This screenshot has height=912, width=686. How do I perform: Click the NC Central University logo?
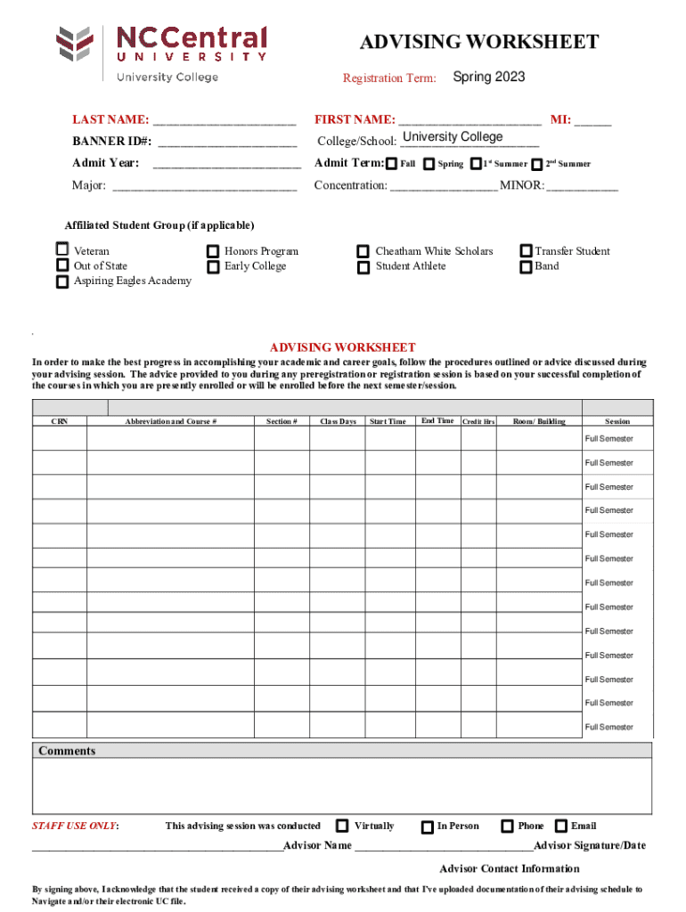tap(161, 53)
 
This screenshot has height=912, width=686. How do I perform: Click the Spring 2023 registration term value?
tap(488, 77)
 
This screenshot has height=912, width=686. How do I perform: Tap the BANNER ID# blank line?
tap(227, 142)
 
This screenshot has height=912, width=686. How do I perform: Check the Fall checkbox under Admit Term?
tap(391, 164)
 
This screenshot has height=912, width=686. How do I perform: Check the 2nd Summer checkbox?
tap(536, 165)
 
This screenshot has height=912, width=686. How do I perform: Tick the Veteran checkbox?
tap(62, 249)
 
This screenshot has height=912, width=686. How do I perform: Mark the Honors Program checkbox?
tap(213, 252)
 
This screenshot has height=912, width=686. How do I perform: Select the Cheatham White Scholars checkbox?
tap(363, 252)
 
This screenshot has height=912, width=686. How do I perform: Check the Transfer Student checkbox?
tap(526, 252)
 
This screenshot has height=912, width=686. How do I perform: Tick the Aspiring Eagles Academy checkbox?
tap(62, 282)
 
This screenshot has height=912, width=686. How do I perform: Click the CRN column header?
tap(60, 421)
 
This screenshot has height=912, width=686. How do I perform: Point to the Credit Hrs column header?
tap(478, 421)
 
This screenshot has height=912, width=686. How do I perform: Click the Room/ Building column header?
tap(539, 421)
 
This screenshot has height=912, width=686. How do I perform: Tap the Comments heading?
tap(67, 751)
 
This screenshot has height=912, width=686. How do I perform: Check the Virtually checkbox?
tap(342, 826)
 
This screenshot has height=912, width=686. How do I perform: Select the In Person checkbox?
tap(428, 827)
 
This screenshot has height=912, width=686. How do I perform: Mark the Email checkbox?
tap(561, 826)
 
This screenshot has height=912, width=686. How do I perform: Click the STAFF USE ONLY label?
tap(76, 826)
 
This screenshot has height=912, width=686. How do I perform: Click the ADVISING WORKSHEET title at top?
tap(478, 43)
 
